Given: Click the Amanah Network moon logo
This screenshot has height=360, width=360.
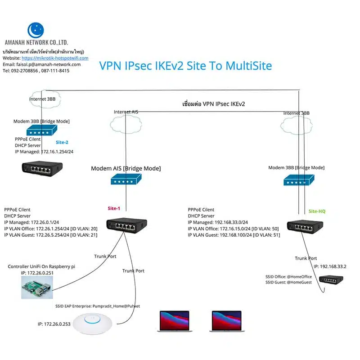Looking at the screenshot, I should click(x=36, y=30).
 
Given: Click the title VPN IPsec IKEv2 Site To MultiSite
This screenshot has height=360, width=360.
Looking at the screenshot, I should click(x=185, y=66).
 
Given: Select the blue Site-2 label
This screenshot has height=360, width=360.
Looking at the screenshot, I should click(x=62, y=142).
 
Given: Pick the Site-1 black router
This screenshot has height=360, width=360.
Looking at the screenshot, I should click(x=126, y=225).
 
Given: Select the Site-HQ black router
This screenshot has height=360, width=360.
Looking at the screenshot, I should click(x=306, y=227).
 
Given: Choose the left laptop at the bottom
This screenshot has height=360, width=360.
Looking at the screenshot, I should click(x=174, y=321).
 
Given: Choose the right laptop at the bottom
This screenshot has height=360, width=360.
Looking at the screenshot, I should click(x=226, y=321).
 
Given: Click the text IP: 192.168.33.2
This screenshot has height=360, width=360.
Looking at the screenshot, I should click(x=331, y=266).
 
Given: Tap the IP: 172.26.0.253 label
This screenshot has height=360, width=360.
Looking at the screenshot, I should click(x=54, y=324).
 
